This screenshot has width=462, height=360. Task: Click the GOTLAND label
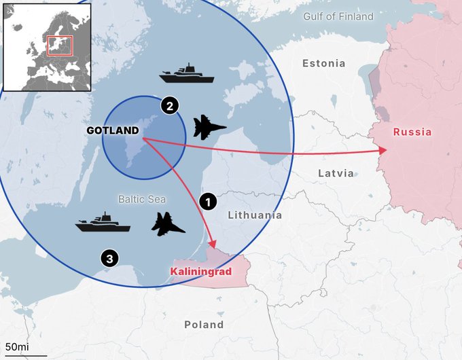coord(113,130)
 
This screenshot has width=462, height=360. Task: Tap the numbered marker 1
coord(209,201)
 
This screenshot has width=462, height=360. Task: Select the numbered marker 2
coord(169,105)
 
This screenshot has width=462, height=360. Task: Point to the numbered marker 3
coord(109,257)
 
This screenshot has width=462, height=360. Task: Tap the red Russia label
coord(412,132)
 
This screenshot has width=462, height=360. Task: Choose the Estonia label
coord(323,63)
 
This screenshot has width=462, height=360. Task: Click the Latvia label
coord(336,173)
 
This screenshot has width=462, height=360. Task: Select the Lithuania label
coord(255,215)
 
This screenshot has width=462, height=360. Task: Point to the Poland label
coord(204,325)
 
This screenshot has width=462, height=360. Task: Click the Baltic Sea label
coord(142,199)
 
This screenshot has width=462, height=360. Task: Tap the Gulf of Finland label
coord(338,16)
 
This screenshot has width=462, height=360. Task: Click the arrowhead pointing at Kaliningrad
coord(213,245)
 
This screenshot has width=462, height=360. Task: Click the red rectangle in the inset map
coord(59,46)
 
